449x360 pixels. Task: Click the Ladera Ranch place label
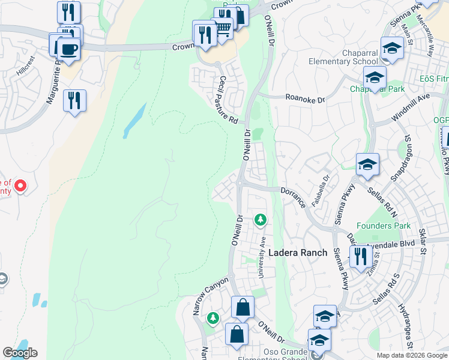(297, 253)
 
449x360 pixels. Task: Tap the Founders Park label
(384, 226)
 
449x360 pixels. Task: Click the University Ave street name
(262, 257)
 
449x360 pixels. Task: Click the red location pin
(20, 185)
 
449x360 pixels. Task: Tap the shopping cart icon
(223, 28)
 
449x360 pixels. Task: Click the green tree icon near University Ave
(260, 220)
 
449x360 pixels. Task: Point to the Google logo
(20, 353)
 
